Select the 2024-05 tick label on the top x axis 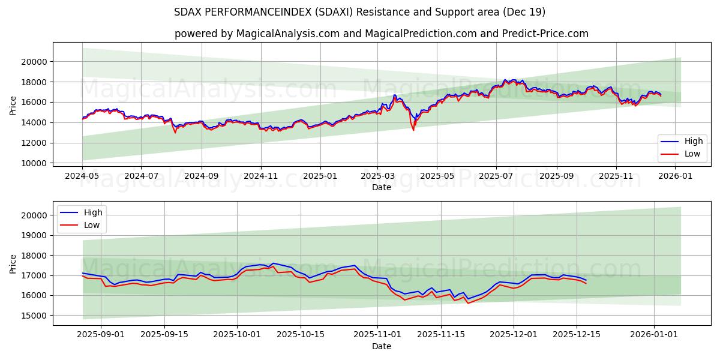(x=82, y=176)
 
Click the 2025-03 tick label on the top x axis (x=378, y=176)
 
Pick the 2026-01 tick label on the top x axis (x=675, y=176)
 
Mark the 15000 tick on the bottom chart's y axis (x=35, y=316)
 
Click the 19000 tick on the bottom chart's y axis (x=35, y=235)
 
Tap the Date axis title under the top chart (x=382, y=187)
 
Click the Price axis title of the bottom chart (x=13, y=263)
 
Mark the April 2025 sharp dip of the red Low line (x=413, y=130)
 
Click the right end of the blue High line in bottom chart (x=586, y=280)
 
